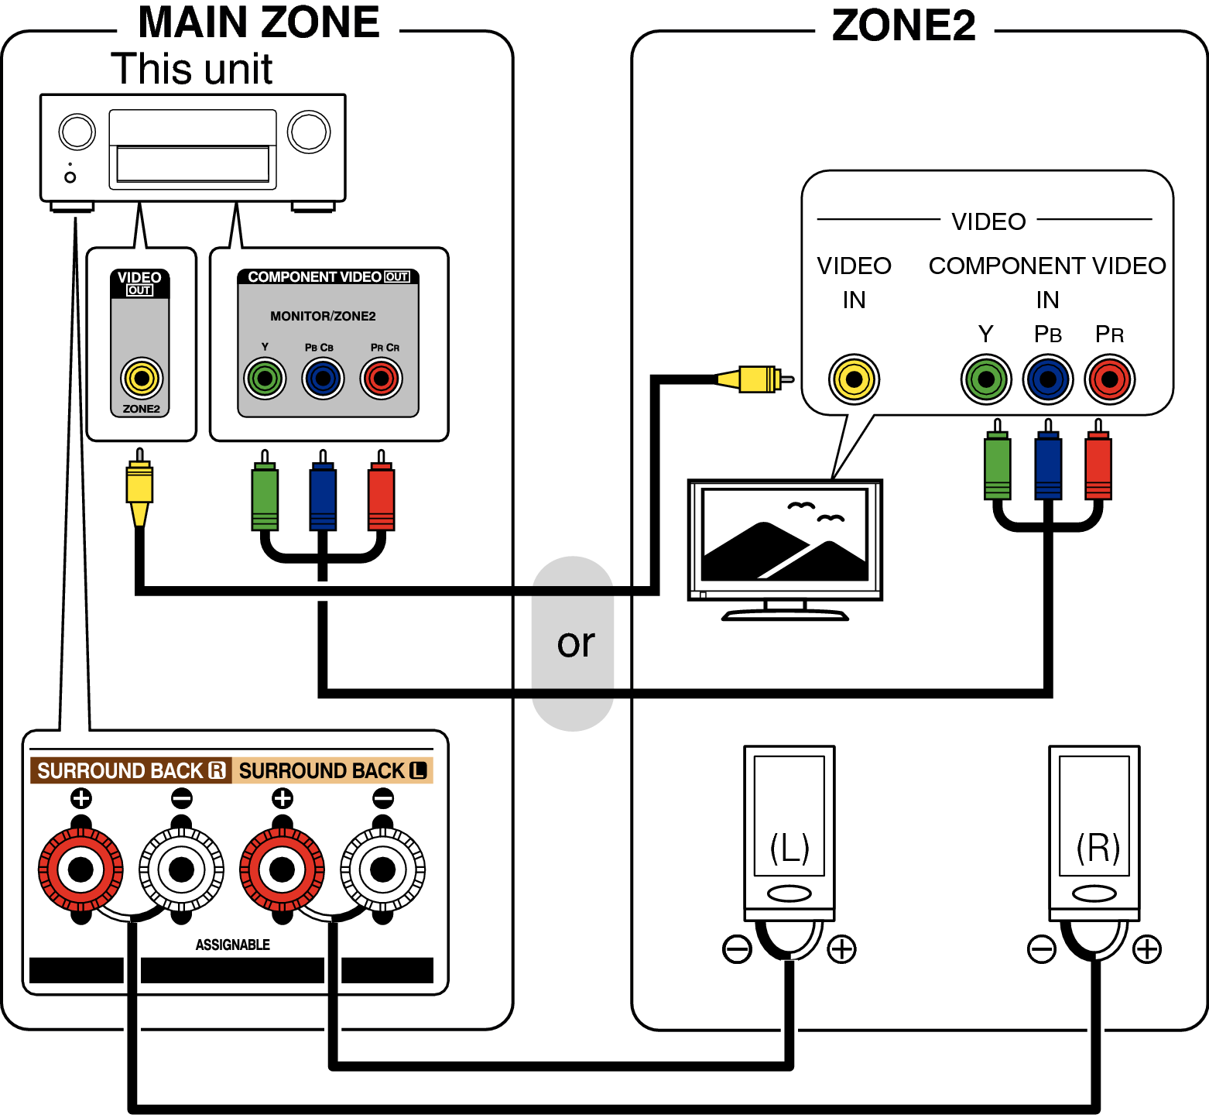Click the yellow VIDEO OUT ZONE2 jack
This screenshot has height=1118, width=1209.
tap(142, 378)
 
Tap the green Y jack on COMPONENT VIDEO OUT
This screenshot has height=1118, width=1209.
tap(265, 379)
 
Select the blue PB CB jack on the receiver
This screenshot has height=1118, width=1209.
tap(323, 379)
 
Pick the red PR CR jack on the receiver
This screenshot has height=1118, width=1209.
tap(382, 379)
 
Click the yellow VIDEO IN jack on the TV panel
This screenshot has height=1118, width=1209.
tap(854, 379)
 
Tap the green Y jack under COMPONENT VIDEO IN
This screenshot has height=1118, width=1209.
tap(986, 379)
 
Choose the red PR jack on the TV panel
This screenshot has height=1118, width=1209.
tap(1109, 379)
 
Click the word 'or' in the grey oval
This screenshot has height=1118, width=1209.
tap(575, 643)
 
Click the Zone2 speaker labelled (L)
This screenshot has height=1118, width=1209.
tap(789, 832)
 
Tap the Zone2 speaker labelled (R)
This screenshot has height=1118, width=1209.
tap(1094, 832)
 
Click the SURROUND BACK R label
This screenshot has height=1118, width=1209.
tap(130, 770)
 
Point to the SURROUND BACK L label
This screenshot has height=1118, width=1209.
tap(332, 770)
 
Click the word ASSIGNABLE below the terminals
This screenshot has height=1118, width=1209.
tap(232, 945)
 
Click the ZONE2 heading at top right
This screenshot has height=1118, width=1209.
tap(903, 26)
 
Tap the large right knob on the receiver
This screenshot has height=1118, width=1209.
tap(309, 132)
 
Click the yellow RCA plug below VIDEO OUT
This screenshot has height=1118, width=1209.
tap(139, 488)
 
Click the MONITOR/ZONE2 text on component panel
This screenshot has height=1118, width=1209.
tap(323, 316)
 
